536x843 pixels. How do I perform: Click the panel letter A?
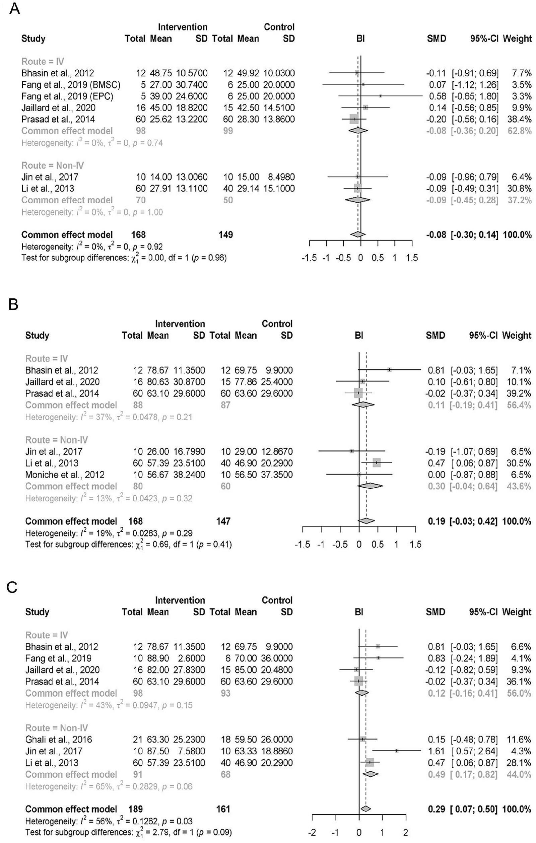click(14, 9)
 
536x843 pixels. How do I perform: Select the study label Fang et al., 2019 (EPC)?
click(67, 96)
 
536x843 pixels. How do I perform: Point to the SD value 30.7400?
click(192, 85)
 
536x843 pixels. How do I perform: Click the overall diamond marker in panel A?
click(357, 234)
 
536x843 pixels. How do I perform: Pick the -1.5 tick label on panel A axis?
click(309, 258)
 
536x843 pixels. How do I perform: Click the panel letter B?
click(13, 304)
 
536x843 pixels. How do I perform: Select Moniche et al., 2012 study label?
click(65, 475)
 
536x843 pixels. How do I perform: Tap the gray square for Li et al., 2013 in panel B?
click(376, 463)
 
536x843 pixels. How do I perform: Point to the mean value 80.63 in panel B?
click(158, 381)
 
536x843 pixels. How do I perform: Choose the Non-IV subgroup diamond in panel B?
click(370, 486)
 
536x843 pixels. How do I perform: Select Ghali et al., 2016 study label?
click(59, 740)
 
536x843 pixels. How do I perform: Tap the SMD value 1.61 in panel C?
click(436, 751)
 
